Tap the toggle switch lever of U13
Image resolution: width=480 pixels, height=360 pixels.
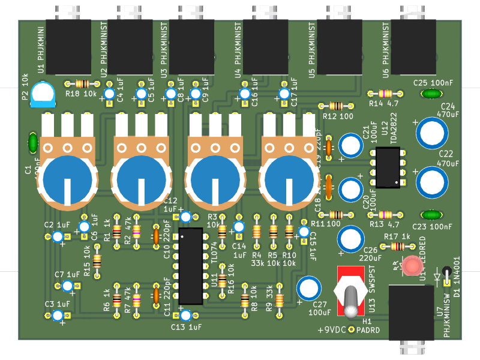tap(352, 300)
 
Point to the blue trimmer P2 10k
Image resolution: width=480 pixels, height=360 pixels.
tap(43, 94)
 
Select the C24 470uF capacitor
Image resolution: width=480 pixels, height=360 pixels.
tap(432, 133)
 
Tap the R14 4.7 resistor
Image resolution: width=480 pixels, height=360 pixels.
tap(384, 93)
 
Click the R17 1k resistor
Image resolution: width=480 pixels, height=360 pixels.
tap(397, 246)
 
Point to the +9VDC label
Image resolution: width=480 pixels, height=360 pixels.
tap(336, 330)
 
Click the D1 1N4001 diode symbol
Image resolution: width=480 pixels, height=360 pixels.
tap(447, 277)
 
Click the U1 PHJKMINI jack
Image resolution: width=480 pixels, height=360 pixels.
tap(68, 47)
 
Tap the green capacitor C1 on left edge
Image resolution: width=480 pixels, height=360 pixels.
tap(33, 143)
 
